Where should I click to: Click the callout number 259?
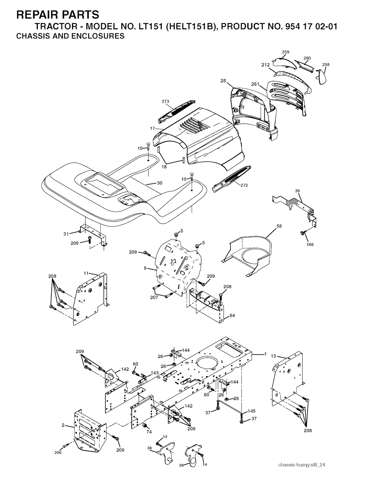point(286,52)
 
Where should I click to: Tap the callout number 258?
point(326,65)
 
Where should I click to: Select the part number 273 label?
point(165,102)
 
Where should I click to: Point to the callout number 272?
point(244,185)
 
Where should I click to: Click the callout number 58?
point(279,226)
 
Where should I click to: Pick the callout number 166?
point(310,244)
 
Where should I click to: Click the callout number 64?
point(232,315)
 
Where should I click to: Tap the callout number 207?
point(154,298)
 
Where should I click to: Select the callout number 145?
point(251,411)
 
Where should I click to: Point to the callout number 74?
point(149,432)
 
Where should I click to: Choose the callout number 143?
point(155,373)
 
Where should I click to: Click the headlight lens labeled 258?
point(323,76)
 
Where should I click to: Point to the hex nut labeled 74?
point(145,425)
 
